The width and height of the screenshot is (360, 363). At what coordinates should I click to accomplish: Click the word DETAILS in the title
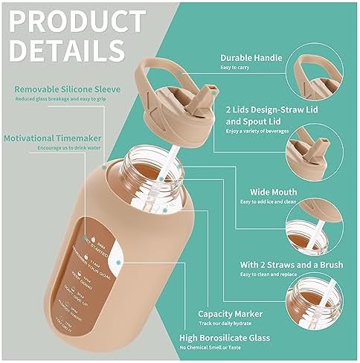point(68,51)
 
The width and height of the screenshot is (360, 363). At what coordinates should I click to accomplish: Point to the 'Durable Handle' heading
point(251,57)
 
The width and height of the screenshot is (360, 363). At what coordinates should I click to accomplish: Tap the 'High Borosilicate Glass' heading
point(235,337)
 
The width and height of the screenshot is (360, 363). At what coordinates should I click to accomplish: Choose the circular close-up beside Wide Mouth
point(321,217)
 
